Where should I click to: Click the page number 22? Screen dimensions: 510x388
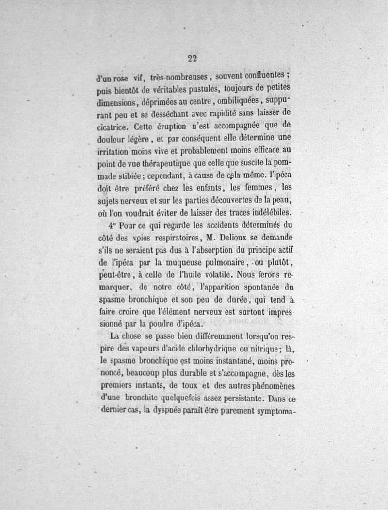click(193, 58)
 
